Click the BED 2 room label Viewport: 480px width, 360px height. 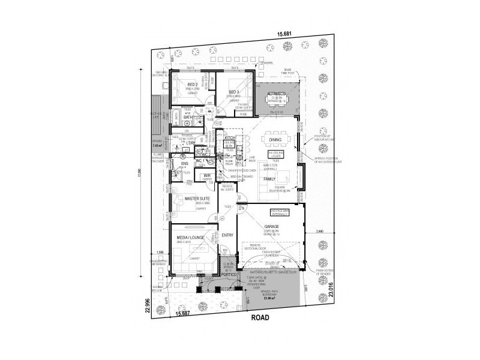pos(193,84)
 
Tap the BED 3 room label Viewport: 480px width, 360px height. pos(233,91)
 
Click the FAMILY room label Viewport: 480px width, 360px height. pos(268,179)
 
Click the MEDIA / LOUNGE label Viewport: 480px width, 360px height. pos(191,238)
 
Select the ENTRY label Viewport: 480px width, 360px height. pos(227,235)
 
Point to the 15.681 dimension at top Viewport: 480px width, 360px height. pos(284,34)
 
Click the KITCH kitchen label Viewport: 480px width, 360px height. pos(229,137)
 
